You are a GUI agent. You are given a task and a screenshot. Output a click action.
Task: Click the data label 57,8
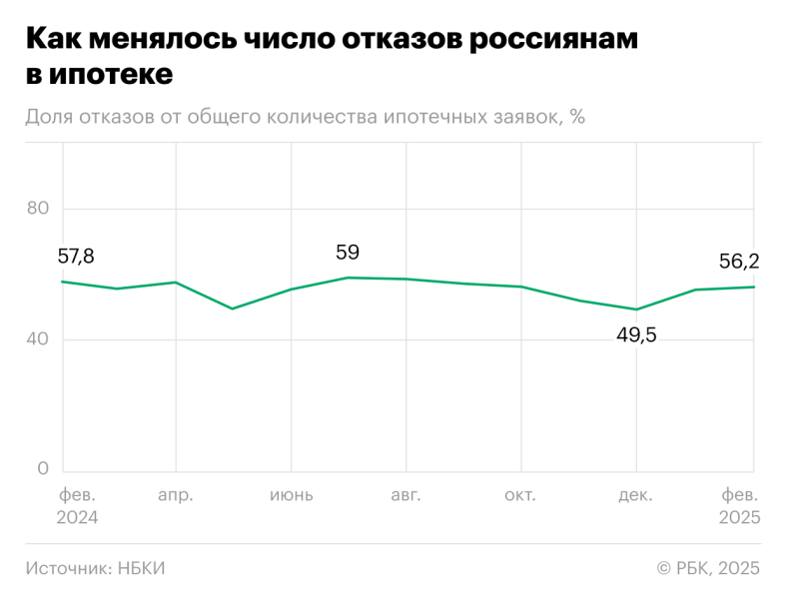tap(76, 257)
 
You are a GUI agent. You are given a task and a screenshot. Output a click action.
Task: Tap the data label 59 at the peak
tap(348, 253)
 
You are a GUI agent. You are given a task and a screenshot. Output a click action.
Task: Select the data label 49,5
tap(636, 335)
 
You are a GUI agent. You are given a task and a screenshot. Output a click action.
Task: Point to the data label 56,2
tap(739, 262)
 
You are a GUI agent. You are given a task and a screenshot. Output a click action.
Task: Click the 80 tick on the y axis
tap(38, 209)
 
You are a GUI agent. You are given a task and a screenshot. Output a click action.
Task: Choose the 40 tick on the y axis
tap(38, 339)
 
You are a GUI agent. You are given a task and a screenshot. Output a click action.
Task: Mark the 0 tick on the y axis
tap(43, 469)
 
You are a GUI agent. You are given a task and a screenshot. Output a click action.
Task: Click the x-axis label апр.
tap(176, 495)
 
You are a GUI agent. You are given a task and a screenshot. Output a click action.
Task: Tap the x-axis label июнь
tap(291, 495)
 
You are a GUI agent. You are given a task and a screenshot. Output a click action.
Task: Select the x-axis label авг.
tap(405, 495)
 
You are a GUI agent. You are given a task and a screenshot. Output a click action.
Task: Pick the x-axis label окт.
tap(520, 495)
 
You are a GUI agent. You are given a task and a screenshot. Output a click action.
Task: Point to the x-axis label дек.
tap(636, 495)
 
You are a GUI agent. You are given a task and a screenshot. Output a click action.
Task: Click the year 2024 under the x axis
tap(77, 518)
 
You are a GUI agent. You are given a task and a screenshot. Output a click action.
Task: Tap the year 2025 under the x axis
tap(740, 518)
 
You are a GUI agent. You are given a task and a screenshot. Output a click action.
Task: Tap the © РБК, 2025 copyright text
tap(708, 568)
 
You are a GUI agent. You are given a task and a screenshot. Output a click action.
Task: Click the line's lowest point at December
tap(636, 309)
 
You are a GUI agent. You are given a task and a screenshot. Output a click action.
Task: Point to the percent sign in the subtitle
tap(577, 117)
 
